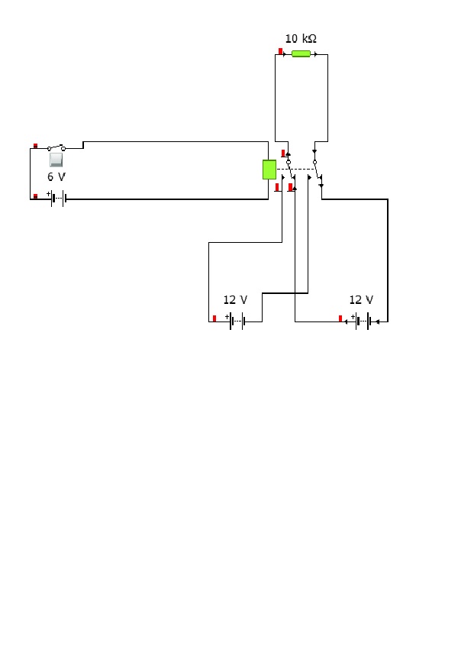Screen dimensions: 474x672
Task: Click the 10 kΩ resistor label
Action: [301, 39]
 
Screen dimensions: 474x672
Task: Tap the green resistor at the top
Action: [301, 53]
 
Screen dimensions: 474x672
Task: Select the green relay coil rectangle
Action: [269, 170]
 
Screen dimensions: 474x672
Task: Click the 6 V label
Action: [56, 176]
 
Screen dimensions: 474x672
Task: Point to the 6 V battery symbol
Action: [59, 199]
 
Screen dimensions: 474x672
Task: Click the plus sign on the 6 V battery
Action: [48, 194]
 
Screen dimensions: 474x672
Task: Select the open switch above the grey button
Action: [56, 148]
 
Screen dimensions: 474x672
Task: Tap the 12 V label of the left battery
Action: [235, 299]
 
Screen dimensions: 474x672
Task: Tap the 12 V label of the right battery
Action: [361, 299]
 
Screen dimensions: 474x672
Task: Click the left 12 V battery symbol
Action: [237, 321]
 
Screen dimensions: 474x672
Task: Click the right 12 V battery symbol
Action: [363, 321]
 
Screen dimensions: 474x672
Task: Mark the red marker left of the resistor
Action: [280, 51]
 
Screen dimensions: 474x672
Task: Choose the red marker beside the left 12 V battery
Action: [214, 318]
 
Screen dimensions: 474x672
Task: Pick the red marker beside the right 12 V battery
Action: [340, 318]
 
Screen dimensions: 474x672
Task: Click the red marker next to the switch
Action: [36, 146]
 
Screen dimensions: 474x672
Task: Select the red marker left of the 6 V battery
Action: [36, 196]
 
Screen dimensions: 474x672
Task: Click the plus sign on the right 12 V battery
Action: [353, 317]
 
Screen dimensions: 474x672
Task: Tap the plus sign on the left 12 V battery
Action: [227, 317]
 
